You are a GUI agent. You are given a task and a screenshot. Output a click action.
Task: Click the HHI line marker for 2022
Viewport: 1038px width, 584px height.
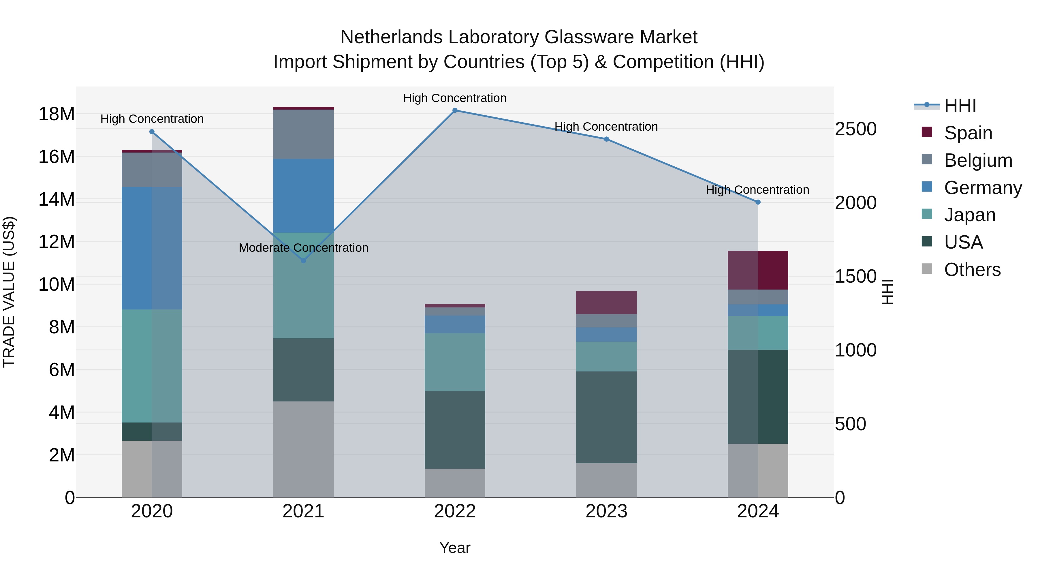point(455,110)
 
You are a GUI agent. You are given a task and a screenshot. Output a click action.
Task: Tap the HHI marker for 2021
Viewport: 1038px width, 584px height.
point(303,261)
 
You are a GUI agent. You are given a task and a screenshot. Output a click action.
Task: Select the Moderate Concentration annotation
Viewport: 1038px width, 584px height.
point(303,247)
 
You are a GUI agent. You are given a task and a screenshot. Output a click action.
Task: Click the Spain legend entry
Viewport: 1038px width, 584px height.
point(968,133)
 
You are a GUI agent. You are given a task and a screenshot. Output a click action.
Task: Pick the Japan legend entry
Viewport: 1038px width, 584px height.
point(969,215)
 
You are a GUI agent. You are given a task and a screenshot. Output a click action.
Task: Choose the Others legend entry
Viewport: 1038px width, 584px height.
point(972,270)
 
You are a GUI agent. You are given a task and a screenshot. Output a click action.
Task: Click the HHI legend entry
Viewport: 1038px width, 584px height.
point(960,106)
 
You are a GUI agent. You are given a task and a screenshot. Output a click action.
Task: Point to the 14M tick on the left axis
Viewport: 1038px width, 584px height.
point(57,200)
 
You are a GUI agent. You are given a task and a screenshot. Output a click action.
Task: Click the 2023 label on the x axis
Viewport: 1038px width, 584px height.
point(606,511)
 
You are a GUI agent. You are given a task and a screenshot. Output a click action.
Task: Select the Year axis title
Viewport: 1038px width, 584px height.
point(455,548)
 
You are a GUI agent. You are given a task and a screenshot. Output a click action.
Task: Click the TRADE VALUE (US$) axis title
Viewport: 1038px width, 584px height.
point(9,292)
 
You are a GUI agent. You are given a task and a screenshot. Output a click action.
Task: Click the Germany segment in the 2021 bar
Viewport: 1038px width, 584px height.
point(303,196)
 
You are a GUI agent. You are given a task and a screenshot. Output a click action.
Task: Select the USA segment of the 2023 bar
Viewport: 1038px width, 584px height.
point(606,417)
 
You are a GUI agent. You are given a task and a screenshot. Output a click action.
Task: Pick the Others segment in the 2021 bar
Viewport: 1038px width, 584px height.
point(303,449)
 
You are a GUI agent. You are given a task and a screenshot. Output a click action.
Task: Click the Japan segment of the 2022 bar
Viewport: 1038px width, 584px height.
point(455,362)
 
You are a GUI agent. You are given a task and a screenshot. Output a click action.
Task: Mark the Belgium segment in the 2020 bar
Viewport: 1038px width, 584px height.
point(152,170)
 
